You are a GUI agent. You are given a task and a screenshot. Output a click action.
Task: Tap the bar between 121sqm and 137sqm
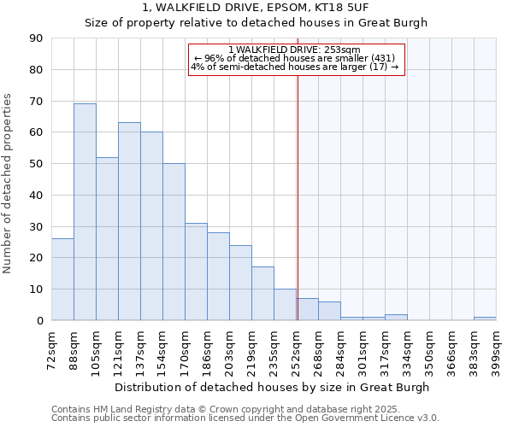(129, 221)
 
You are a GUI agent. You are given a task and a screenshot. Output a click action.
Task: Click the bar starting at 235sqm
(285, 305)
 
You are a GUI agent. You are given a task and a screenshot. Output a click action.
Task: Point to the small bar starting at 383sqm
(485, 319)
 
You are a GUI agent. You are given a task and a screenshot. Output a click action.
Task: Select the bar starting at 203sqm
(240, 283)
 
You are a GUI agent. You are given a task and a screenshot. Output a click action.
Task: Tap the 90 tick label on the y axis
(36, 38)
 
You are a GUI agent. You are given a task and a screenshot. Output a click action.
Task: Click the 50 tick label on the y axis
(36, 164)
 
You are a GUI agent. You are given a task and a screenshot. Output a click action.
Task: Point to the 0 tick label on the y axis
(39, 320)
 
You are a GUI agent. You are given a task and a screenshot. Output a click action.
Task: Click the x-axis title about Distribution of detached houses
(273, 387)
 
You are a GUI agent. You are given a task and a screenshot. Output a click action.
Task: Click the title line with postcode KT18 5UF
(256, 8)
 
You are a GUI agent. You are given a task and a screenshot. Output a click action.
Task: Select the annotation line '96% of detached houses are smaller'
(295, 58)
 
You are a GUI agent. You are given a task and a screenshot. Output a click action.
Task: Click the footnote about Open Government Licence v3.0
(245, 418)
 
